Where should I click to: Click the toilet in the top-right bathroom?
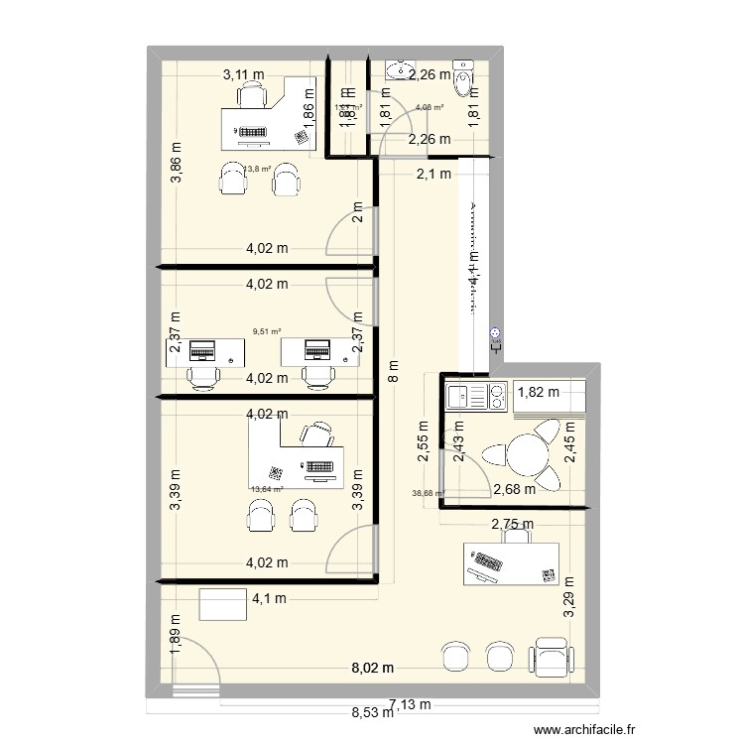click(x=463, y=70)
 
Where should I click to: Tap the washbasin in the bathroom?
click(x=399, y=69)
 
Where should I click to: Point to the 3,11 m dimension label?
click(x=244, y=73)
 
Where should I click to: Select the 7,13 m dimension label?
click(x=410, y=704)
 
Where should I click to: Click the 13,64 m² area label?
click(x=267, y=488)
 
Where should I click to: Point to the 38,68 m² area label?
click(x=428, y=493)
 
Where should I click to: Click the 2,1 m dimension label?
click(x=433, y=175)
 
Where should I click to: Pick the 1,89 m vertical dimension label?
click(x=175, y=642)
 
